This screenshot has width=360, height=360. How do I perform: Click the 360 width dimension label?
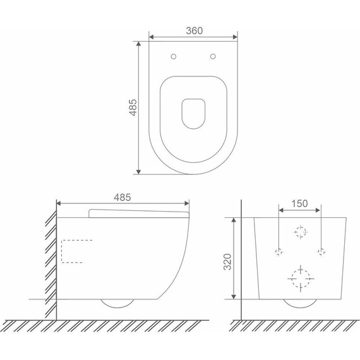point(195,30)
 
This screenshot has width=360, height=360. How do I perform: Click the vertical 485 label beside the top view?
point(133,107)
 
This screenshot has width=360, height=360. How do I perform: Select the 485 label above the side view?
point(123,197)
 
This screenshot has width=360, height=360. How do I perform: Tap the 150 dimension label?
point(299,203)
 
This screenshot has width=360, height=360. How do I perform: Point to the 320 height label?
point(227,261)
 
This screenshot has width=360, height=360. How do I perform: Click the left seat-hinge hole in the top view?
point(174,56)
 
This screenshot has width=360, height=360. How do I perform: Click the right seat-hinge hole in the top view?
point(213,56)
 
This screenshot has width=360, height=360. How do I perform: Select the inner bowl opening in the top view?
point(193,114)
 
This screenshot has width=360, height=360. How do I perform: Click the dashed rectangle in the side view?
point(61,251)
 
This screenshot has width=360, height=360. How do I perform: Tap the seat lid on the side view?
point(139,213)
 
